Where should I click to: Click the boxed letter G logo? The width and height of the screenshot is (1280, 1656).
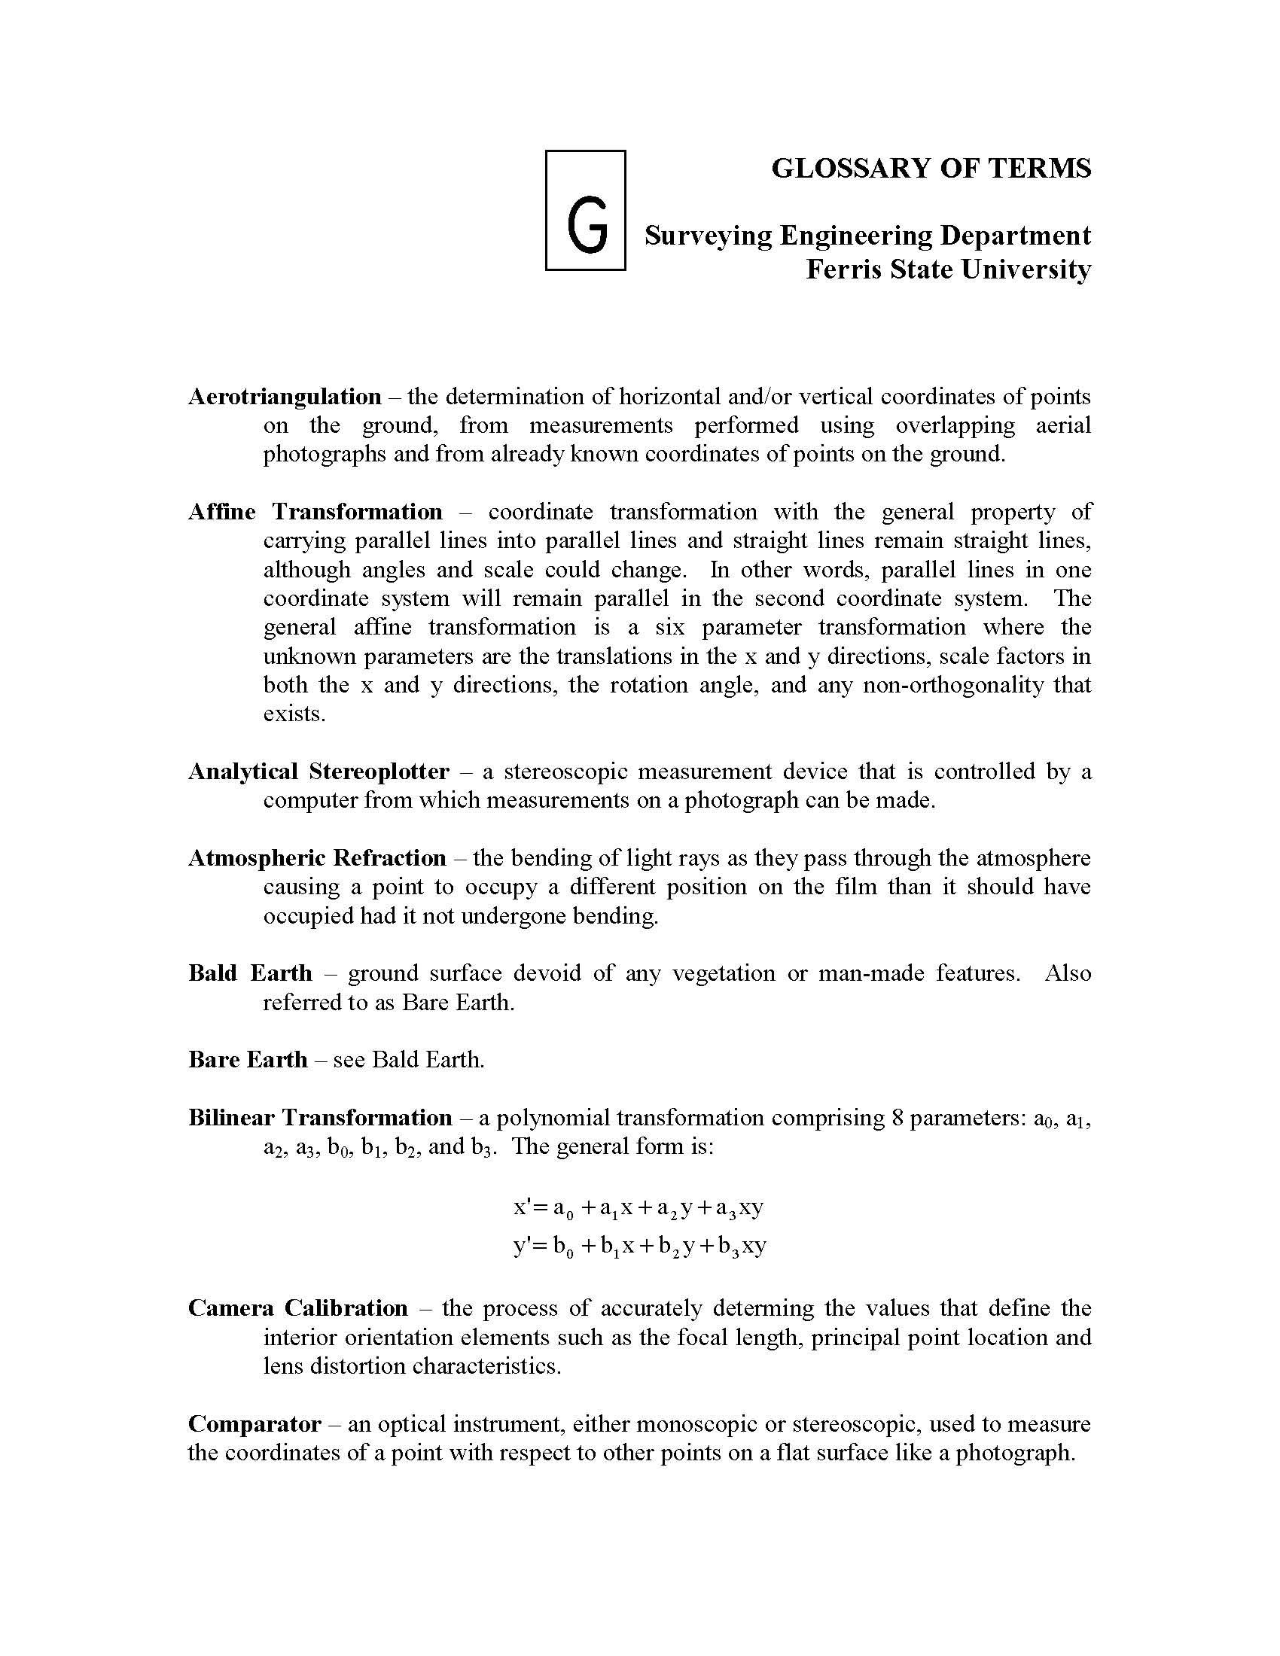click(x=585, y=210)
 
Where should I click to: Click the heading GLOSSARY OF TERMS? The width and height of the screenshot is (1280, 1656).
click(x=931, y=169)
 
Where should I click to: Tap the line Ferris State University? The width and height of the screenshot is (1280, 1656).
click(x=948, y=269)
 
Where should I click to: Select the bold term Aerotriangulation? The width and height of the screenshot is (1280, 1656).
click(x=285, y=397)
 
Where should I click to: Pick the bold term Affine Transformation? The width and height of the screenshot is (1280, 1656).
click(x=315, y=512)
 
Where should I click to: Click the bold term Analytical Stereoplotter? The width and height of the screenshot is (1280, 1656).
click(x=318, y=771)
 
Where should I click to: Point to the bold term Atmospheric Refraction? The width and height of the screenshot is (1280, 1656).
click(x=317, y=857)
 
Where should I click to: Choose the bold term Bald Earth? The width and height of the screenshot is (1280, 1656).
click(x=250, y=973)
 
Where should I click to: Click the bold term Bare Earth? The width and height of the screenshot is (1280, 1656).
click(x=248, y=1059)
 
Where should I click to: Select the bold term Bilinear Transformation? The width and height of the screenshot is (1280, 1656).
click(x=320, y=1117)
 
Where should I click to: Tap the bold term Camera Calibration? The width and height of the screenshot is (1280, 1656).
click(x=298, y=1308)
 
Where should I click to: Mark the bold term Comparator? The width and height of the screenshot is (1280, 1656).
click(x=254, y=1423)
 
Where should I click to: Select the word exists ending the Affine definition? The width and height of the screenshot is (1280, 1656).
click(x=294, y=714)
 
